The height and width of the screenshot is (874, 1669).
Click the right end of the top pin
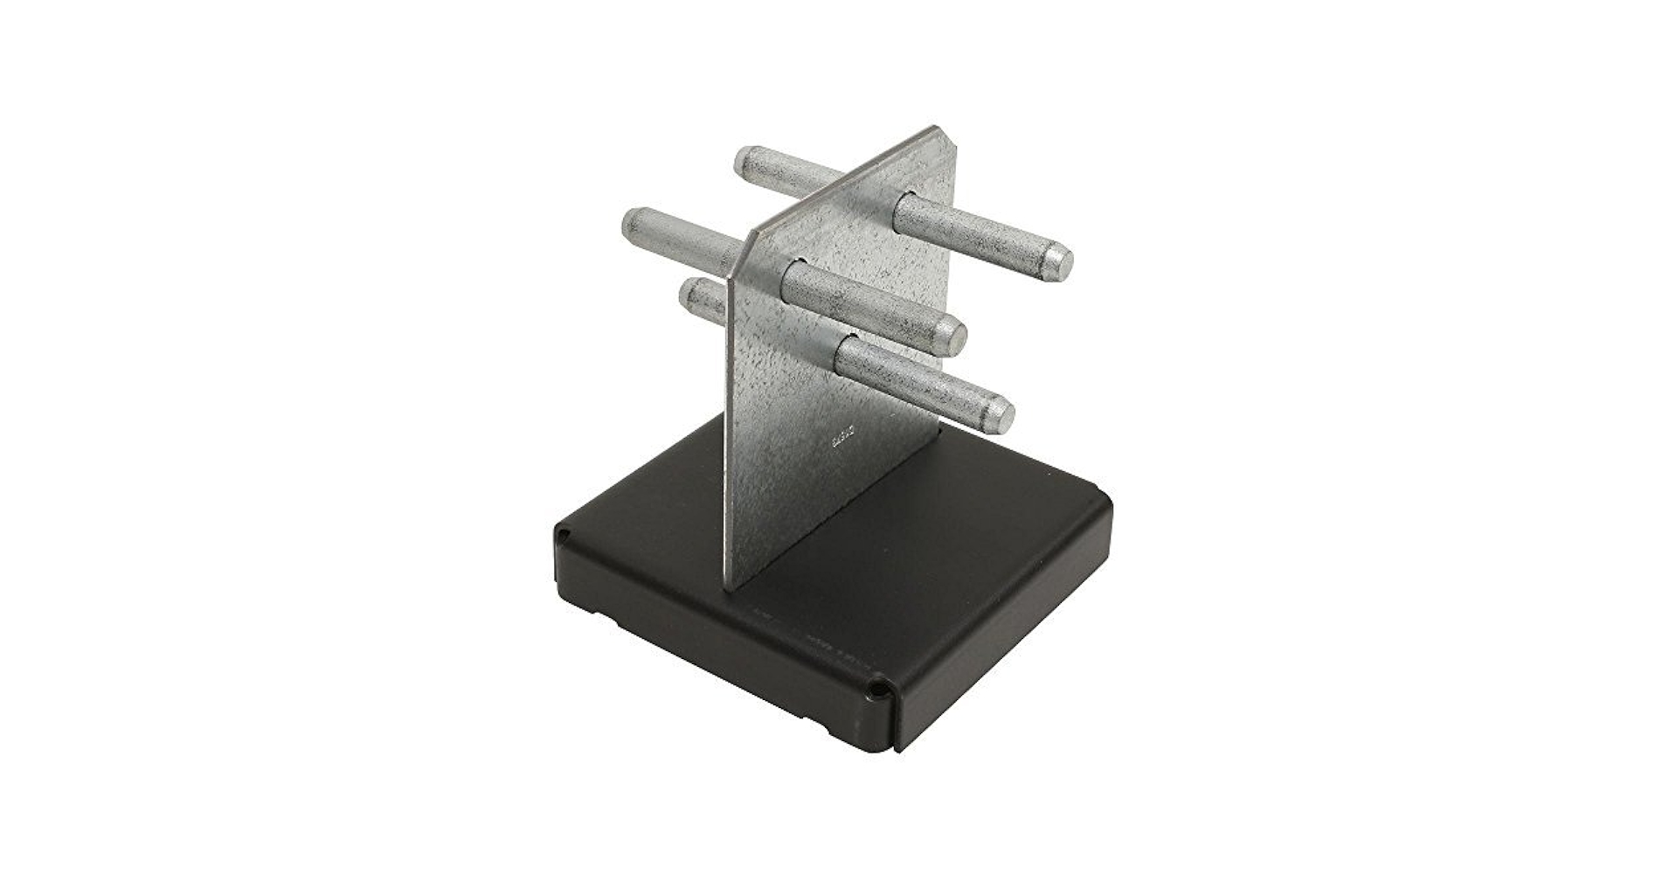tap(1058, 261)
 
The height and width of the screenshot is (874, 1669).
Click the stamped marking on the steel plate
tap(840, 436)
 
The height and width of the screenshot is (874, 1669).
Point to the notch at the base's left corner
tap(564, 532)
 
